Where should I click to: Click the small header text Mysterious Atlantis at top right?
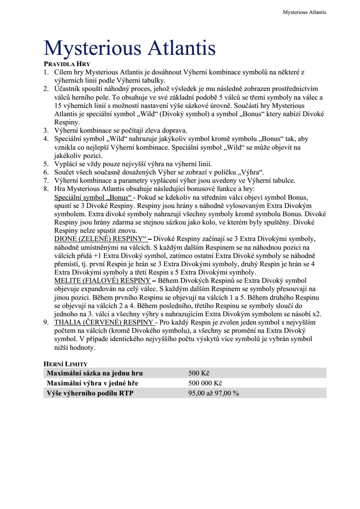click(304, 12)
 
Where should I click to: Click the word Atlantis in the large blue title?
click(182, 48)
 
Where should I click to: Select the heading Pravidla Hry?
click(67, 64)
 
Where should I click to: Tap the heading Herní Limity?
click(66, 363)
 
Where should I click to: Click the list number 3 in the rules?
click(46, 130)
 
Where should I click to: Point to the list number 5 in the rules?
click(46, 164)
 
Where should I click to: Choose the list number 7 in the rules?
click(46, 181)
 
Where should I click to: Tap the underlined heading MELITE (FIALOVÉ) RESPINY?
click(102, 281)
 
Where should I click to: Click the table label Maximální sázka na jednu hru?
click(94, 373)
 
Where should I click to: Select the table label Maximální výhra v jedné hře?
click(95, 383)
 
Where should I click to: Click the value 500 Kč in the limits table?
click(199, 373)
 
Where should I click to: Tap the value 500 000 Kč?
click(205, 383)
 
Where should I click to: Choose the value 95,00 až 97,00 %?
click(213, 393)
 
